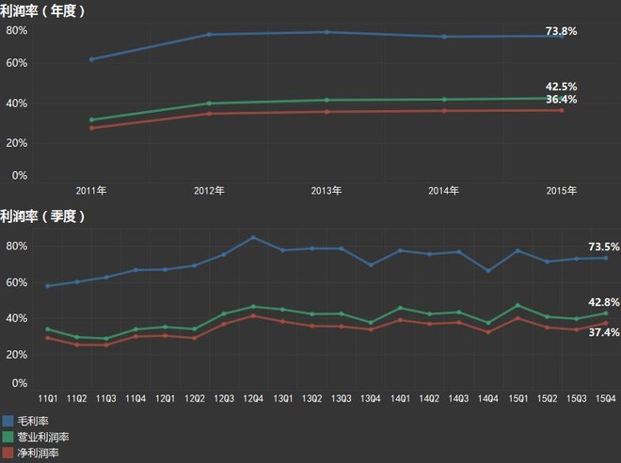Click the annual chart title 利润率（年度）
[42, 11]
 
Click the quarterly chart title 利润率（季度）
[42, 216]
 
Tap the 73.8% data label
[561, 31]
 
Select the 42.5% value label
[561, 87]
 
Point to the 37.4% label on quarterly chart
[604, 332]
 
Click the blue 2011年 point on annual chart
[92, 59]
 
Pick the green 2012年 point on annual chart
[209, 104]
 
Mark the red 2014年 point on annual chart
[444, 111]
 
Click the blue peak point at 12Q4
[253, 238]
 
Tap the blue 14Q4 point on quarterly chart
[488, 271]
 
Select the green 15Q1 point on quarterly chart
[518, 305]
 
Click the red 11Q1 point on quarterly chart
[48, 338]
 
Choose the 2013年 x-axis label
[326, 191]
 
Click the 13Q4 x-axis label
[371, 398]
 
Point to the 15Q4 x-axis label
[606, 398]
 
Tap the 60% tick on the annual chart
[17, 63]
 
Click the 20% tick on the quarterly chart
[17, 355]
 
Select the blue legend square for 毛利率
[8, 421]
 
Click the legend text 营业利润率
[43, 438]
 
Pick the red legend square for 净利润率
[8, 453]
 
